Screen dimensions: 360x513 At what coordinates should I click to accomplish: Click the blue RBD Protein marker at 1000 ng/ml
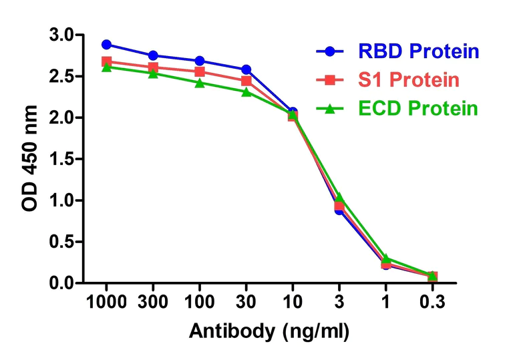(x=106, y=45)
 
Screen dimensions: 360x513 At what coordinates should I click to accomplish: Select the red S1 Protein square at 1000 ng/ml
(x=106, y=61)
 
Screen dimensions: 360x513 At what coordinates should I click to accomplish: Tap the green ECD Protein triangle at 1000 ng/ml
(x=106, y=67)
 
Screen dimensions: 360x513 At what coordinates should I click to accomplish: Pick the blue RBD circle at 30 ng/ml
(x=246, y=69)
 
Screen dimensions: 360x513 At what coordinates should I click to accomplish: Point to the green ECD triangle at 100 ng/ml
(x=200, y=83)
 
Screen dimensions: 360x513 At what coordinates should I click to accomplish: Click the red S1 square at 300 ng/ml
(x=153, y=67)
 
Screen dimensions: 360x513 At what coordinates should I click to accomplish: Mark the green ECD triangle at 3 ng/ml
(x=339, y=197)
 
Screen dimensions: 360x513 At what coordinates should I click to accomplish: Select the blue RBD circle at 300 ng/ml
(x=153, y=55)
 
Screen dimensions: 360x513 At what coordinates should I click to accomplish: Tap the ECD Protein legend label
(x=418, y=109)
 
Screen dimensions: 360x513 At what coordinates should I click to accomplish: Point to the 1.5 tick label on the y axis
(x=62, y=160)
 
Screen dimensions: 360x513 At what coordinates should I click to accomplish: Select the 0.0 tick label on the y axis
(x=62, y=284)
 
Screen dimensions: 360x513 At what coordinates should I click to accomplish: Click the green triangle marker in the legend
(x=329, y=108)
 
